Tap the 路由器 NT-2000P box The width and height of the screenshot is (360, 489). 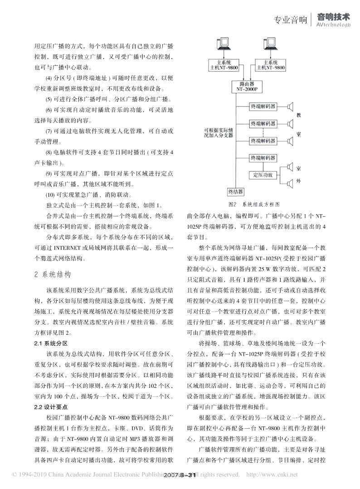[x=247, y=87]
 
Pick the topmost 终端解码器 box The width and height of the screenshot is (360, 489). [x=263, y=106]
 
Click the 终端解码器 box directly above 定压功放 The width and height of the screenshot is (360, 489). [x=263, y=158]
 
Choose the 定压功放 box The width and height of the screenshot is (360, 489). [x=263, y=175]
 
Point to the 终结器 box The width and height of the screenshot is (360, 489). [x=236, y=191]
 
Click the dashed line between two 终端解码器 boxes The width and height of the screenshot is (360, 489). [x=263, y=132]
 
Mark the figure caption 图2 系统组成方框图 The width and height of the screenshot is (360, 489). [x=253, y=204]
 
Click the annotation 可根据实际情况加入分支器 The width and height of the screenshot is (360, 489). [x=218, y=132]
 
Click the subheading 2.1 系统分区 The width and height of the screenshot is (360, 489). [x=51, y=343]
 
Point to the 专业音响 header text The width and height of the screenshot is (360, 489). [x=291, y=20]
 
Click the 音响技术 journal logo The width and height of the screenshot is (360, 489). [x=333, y=19]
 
